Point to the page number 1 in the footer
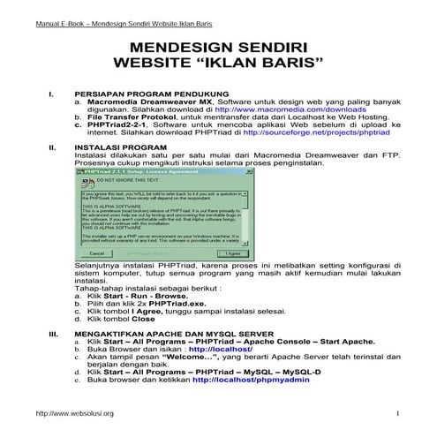[x=398, y=413]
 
